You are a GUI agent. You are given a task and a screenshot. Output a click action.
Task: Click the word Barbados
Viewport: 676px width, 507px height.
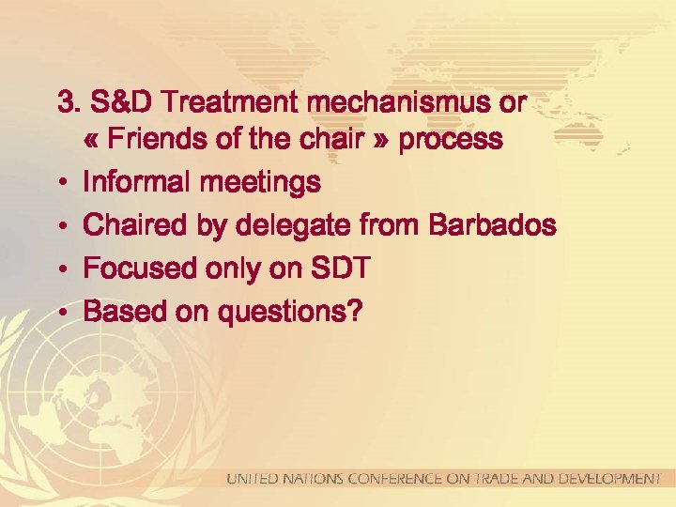pos(493,225)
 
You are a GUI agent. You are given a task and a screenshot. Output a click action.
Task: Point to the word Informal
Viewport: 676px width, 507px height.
pos(135,182)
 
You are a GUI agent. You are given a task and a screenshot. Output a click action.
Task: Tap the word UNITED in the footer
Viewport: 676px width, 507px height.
pos(251,479)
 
